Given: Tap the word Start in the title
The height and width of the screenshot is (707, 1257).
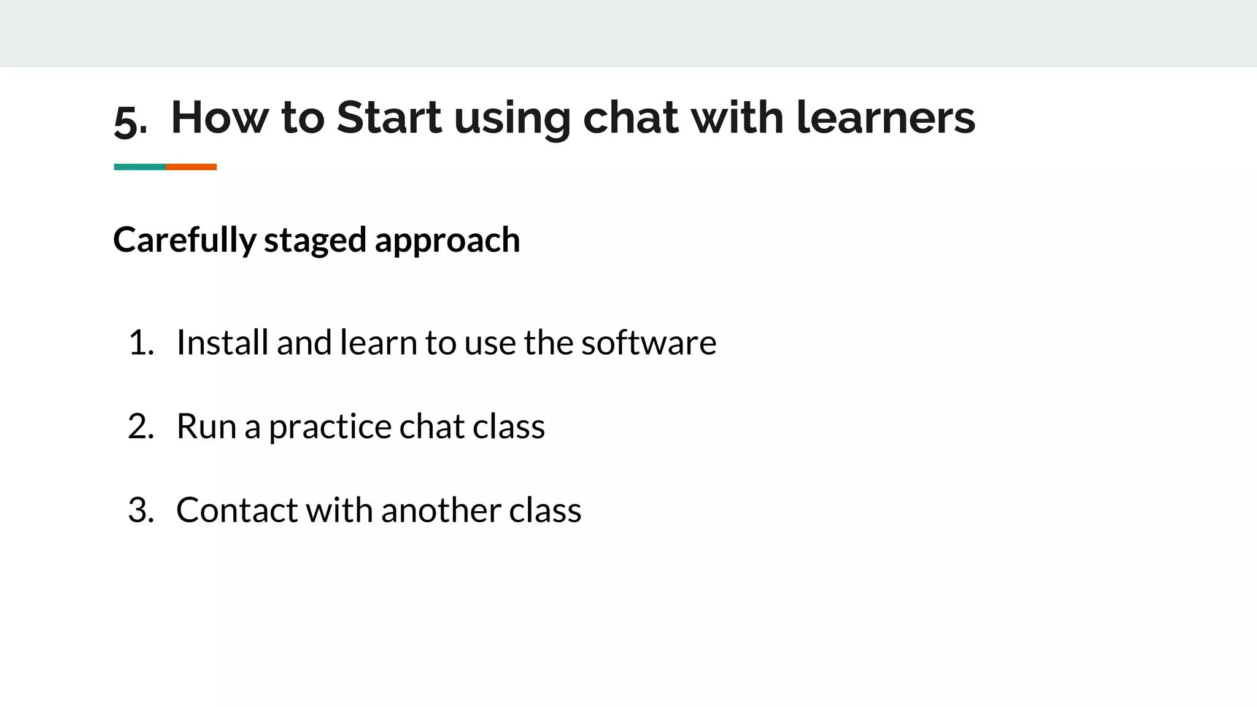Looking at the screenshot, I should coord(389,117).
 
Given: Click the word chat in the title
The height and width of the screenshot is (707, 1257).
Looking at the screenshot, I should coord(630,117).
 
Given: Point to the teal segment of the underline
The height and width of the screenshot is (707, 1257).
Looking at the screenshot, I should coord(140,167).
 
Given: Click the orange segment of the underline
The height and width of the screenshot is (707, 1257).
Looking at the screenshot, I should coord(191,167).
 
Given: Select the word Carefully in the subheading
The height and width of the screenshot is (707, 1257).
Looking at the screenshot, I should coord(184,240).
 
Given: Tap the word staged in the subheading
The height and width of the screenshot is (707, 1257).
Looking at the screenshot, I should coord(315,240).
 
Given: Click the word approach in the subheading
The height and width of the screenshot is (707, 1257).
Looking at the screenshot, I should coord(447,240).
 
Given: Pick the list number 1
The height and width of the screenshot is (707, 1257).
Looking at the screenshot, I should coord(140,342).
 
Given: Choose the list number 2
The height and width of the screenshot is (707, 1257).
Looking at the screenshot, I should coord(140,427).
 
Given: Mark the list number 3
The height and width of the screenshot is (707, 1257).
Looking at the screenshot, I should coord(140,510).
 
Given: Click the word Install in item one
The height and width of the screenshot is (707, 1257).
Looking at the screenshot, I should coord(222,342).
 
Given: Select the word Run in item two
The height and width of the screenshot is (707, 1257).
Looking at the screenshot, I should coord(206,427).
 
